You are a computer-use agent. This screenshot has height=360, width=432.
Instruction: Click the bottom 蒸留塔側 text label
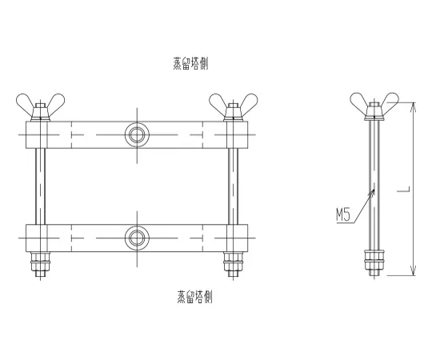tap(194, 298)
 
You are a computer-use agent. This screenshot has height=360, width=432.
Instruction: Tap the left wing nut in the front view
tap(35, 104)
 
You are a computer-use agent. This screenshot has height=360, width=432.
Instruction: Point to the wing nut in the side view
tap(373, 104)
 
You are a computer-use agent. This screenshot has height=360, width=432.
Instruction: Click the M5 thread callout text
tap(344, 214)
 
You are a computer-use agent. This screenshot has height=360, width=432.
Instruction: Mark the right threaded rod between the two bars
tap(232, 186)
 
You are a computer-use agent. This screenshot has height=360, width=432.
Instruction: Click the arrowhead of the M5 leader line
tap(371, 189)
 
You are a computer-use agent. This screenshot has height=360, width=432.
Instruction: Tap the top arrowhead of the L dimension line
tap(413, 106)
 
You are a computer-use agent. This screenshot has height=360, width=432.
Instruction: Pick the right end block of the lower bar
tap(234, 237)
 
